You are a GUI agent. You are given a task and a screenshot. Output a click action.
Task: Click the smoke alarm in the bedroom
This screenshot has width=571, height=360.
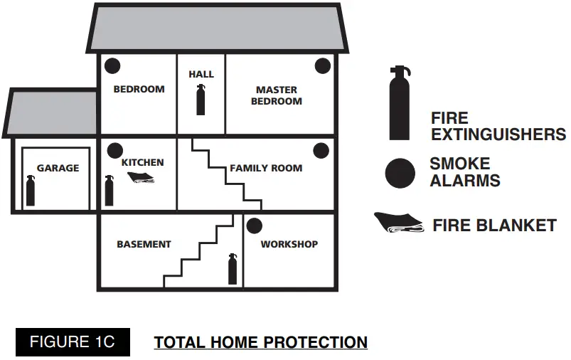pos(112,67)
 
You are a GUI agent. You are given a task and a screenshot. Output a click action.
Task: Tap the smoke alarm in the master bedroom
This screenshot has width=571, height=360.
pos(323,67)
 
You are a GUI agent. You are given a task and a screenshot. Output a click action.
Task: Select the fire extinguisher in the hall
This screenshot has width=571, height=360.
pos(201,100)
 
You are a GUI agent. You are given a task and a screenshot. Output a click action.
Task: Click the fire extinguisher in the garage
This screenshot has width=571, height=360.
pos(31,191)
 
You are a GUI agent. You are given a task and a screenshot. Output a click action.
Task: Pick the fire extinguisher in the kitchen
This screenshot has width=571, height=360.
pos(109,191)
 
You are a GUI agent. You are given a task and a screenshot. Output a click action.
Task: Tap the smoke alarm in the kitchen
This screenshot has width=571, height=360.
pos(114,151)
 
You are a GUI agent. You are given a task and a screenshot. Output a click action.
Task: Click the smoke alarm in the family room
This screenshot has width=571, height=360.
pos(321,151)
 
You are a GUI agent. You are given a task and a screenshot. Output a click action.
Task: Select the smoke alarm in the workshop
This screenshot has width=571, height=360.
pos(254,227)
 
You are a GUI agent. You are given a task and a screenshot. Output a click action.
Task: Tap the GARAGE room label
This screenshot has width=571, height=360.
pos(58,169)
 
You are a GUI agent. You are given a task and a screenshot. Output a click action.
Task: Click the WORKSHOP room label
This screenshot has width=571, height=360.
pos(289,244)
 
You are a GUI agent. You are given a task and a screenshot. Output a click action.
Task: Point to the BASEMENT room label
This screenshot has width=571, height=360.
pos(144,244)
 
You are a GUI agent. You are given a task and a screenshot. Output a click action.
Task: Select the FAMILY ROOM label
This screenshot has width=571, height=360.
pos(266,169)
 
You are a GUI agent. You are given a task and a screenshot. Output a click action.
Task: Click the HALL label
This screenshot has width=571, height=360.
pos(201,74)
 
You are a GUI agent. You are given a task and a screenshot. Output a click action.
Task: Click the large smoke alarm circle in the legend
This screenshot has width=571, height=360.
pos(400,173)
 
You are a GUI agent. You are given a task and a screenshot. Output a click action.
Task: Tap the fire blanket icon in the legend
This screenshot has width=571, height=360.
pos(399,223)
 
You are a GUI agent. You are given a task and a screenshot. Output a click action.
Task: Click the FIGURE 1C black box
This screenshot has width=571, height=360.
pos(71,342)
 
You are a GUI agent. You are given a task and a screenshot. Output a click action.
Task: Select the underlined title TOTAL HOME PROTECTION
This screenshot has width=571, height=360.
pos(261,343)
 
